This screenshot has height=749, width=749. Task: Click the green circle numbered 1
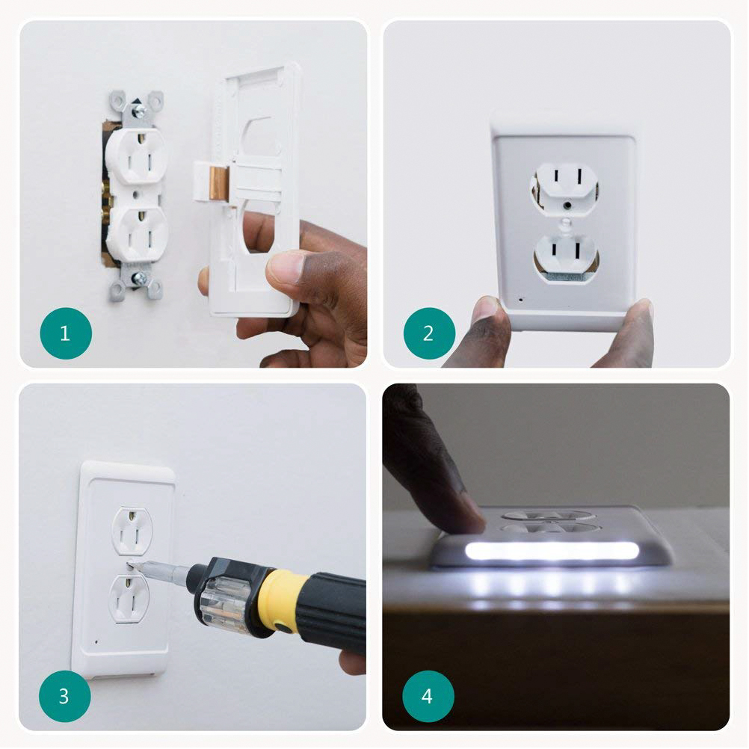[x=66, y=333]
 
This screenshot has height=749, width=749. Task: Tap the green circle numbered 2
[x=429, y=333]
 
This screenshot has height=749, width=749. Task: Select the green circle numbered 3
[x=64, y=696]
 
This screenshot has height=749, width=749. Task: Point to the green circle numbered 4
[x=428, y=696]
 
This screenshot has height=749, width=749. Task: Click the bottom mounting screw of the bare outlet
[x=139, y=279]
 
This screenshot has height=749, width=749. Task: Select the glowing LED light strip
[x=552, y=550]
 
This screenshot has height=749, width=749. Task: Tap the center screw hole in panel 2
[x=567, y=206]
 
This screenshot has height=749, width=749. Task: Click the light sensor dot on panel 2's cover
[x=521, y=300]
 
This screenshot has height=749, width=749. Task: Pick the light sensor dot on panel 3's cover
[x=96, y=642]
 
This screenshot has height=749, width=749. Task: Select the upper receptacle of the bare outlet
[x=137, y=157]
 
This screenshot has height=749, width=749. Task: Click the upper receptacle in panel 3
[x=132, y=531]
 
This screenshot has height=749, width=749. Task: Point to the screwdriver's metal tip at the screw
[x=135, y=565]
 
